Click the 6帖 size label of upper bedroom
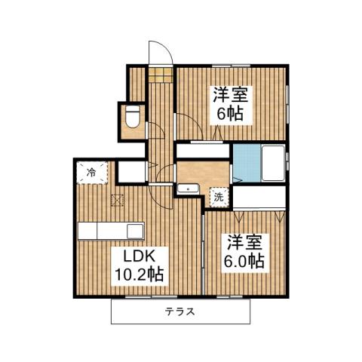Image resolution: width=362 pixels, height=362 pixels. [231, 115]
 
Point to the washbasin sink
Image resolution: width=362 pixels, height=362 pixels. [189, 189]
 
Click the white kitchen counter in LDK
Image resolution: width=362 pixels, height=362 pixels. [111, 231]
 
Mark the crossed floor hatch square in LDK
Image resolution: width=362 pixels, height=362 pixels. [118, 200]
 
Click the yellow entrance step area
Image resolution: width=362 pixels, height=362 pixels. [160, 75]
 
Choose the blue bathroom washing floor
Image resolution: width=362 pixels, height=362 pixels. [244, 160]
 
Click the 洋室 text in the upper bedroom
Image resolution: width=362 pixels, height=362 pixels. [231, 96]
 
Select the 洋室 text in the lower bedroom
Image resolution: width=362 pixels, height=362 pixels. [243, 244]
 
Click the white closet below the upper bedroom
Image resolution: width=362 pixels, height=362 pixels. [202, 150]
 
